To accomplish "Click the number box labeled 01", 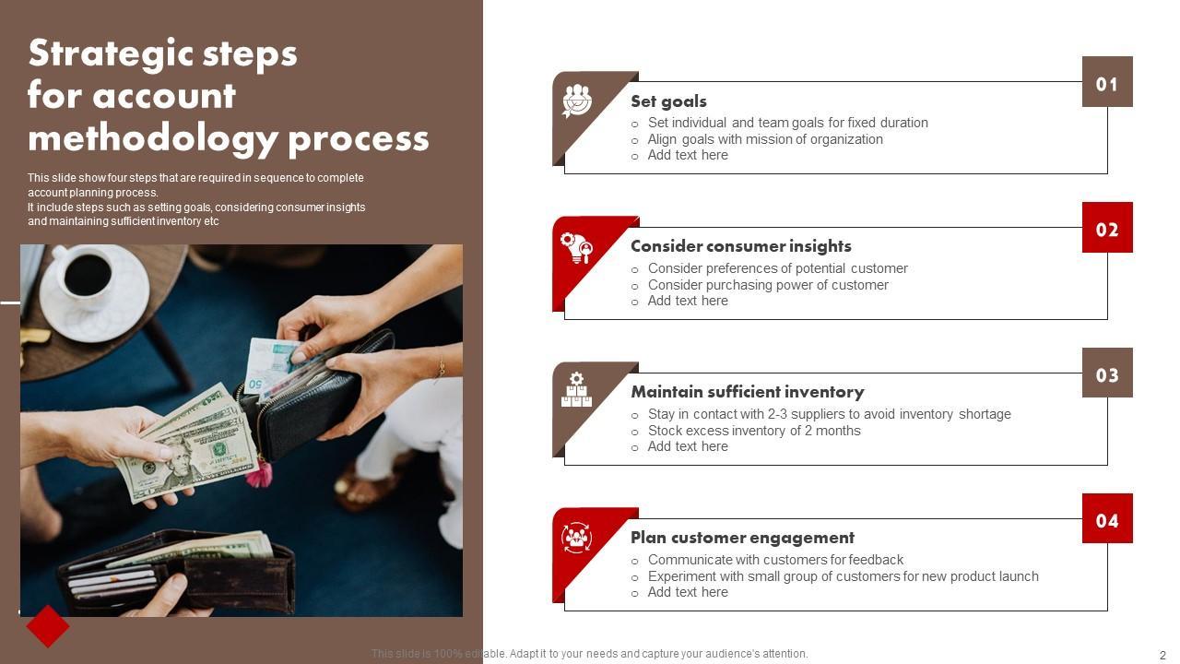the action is pos(1107,82).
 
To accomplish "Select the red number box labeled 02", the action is pos(1107,227).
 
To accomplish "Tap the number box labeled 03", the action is pos(1107,373).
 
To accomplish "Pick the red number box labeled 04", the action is pos(1107,518).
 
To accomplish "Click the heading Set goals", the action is pos(668,101).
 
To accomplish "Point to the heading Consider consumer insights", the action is pos(740,246).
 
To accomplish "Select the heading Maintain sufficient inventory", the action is pos(748,392).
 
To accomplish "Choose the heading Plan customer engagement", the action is pos(742,538).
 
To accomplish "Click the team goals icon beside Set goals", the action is pos(577,101).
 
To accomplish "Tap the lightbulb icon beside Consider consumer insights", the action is pos(577,248).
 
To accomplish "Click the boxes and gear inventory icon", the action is pos(576,389).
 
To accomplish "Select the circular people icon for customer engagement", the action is pos(576,538).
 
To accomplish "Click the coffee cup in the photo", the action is pos(87,273).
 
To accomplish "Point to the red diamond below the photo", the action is pos(48,626).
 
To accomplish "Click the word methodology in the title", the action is pos(153,138).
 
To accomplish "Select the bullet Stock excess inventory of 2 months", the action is pos(754,431).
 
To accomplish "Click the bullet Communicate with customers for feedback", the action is pos(775,560).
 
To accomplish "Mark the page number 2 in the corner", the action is pos(1162,655).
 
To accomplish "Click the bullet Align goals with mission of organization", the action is pos(765,139).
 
